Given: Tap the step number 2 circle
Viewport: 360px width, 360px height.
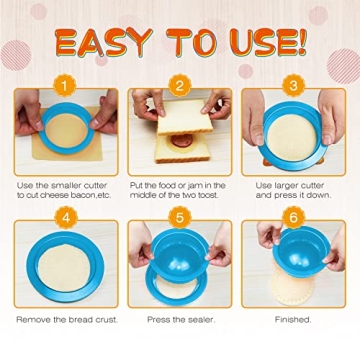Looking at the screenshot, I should pos(179,86).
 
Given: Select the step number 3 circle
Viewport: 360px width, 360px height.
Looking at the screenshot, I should pos(293,86).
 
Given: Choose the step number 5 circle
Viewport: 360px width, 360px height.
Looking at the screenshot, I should pos(179,216).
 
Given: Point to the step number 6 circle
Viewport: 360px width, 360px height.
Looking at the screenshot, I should pos(293,216).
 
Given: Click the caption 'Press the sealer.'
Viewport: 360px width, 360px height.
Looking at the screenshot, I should pos(179,319).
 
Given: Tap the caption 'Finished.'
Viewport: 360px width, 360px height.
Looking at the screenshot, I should pos(293,319).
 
